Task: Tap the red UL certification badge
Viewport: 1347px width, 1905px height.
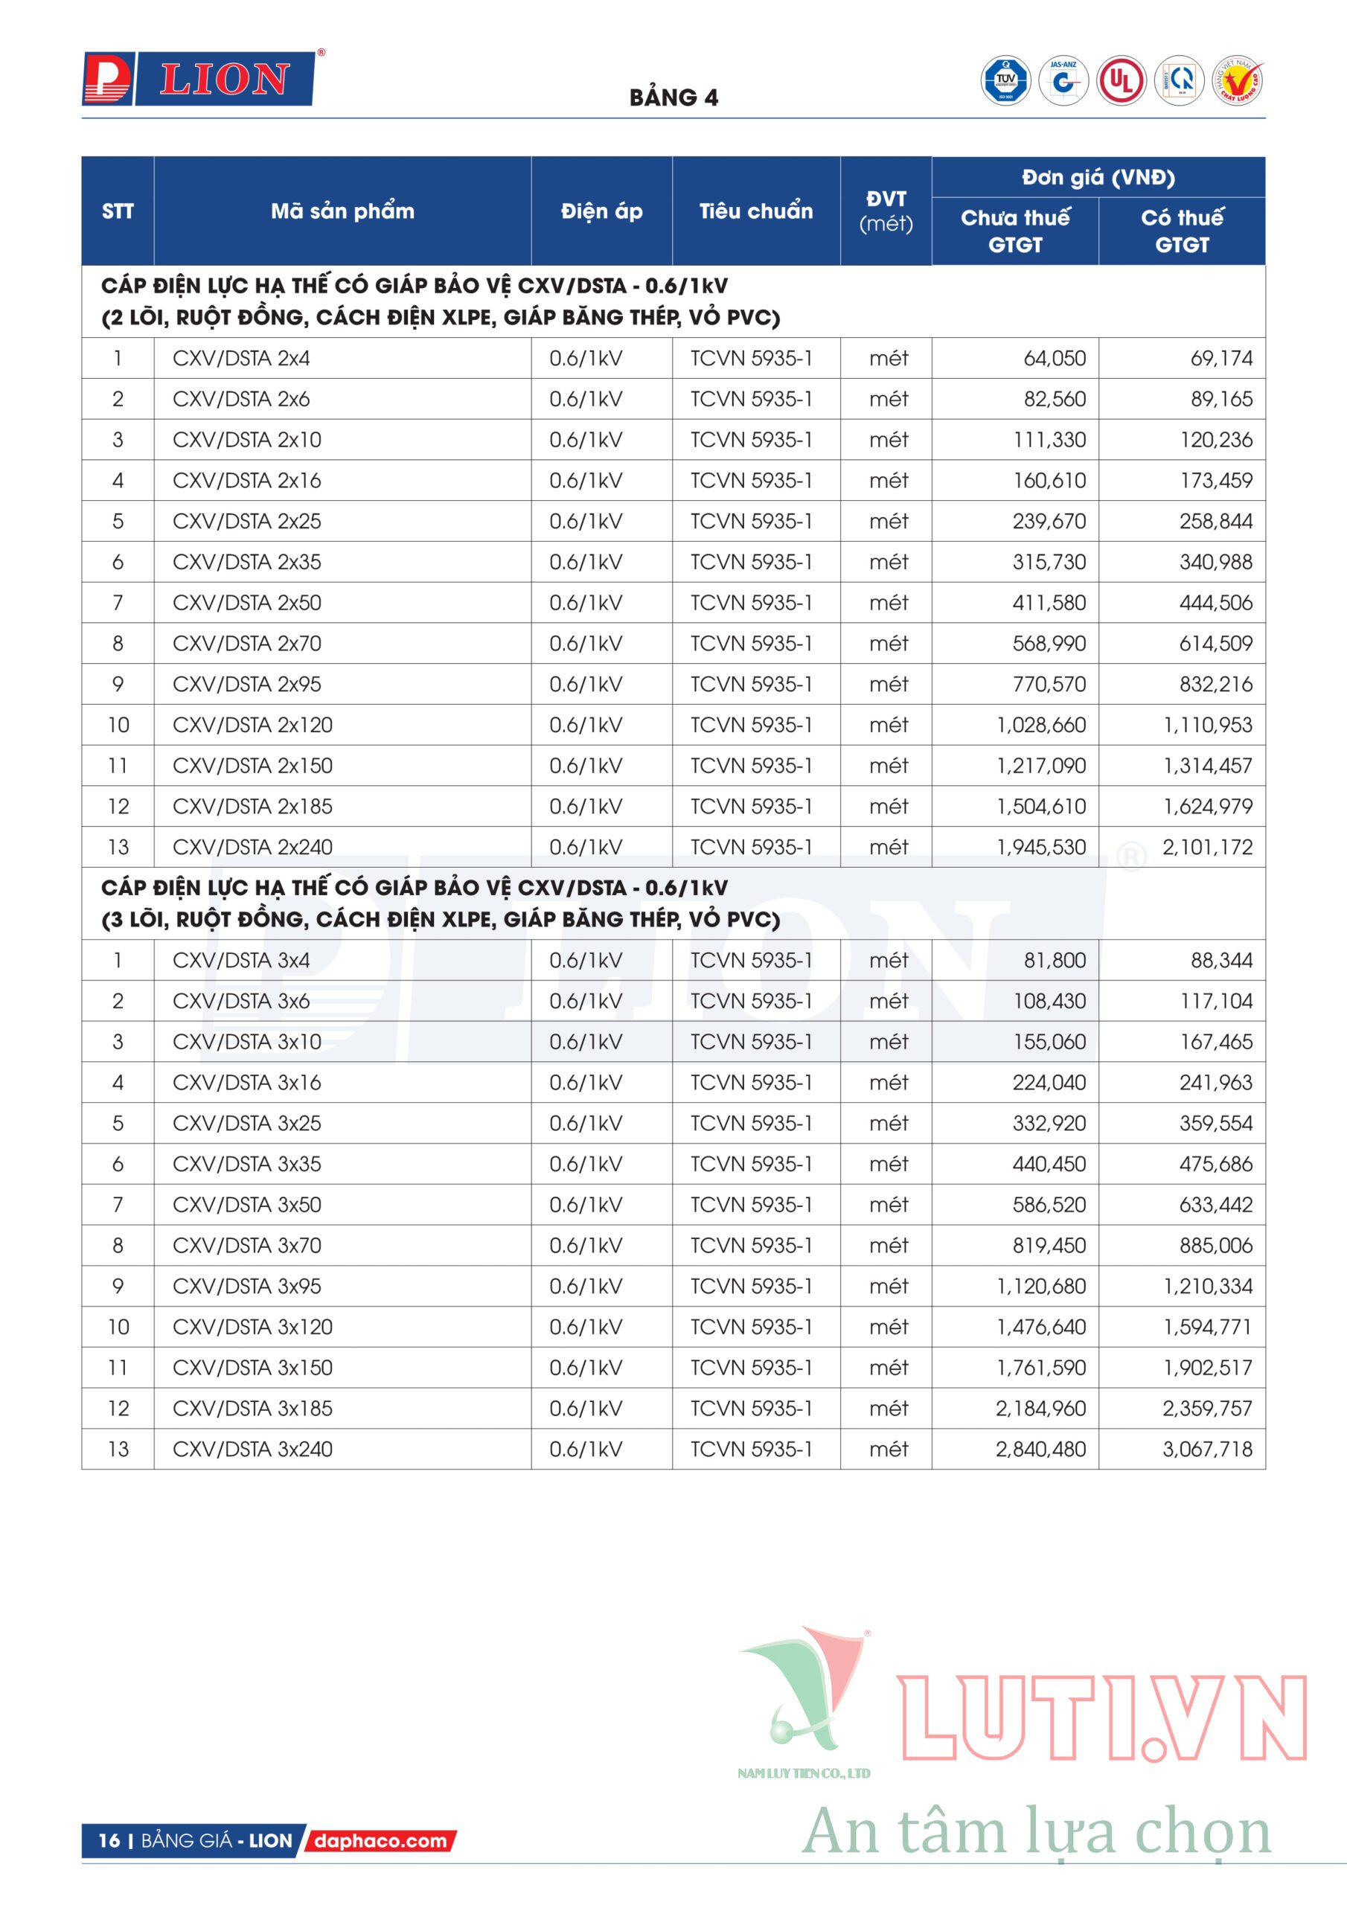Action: point(1122,81)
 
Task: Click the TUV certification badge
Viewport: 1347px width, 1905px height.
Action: point(1005,81)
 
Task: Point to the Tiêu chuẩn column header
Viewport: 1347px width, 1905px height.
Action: point(755,211)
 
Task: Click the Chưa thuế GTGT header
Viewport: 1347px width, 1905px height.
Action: point(1014,231)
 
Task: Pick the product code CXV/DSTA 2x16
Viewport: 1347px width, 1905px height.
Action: point(246,481)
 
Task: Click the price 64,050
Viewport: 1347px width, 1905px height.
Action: point(1054,359)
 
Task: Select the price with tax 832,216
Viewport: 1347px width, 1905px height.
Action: point(1216,685)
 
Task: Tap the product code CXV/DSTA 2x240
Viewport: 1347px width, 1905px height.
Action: point(252,847)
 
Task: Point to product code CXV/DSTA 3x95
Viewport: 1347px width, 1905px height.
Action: point(246,1286)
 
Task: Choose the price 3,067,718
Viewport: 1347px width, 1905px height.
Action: point(1207,1450)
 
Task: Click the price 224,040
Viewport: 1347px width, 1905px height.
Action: point(1049,1083)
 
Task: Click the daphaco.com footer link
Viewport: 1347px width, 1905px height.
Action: point(381,1841)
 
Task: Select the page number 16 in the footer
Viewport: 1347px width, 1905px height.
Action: point(109,1841)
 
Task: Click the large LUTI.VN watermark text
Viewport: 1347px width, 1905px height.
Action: point(1102,1717)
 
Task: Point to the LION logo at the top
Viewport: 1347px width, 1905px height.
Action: point(199,80)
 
